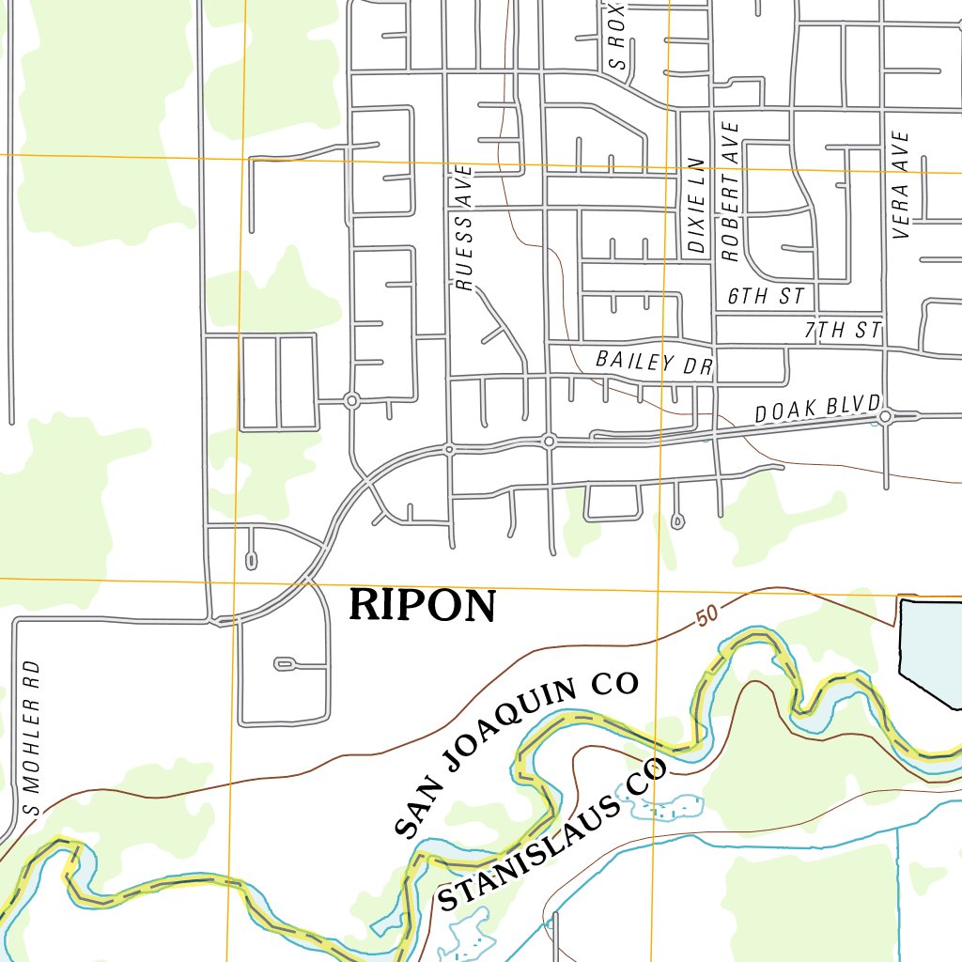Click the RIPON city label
click(x=422, y=607)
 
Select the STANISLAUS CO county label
click(x=552, y=836)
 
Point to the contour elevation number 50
click(x=707, y=617)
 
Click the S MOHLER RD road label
click(x=32, y=737)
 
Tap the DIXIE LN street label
click(x=696, y=205)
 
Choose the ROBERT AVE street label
click(x=731, y=191)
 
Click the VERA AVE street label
click(x=902, y=184)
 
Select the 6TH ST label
click(x=767, y=297)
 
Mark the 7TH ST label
click(x=843, y=330)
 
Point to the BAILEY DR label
click(x=655, y=363)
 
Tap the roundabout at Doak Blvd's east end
click(x=886, y=416)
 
